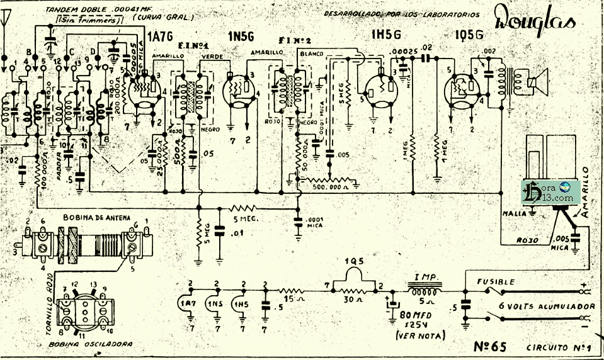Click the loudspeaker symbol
coord(536,81)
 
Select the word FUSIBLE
coord(497,282)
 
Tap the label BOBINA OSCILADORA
coord(82,344)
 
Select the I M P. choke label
coord(427,277)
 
